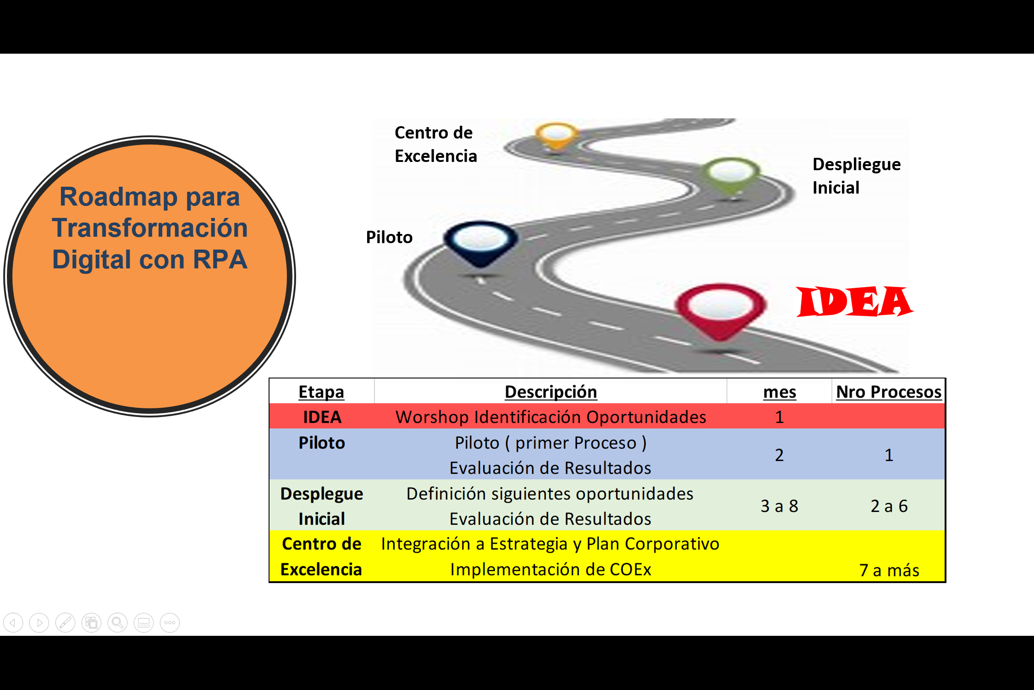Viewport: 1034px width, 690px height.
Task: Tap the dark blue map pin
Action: [480, 242]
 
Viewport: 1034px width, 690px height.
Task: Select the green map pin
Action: [731, 175]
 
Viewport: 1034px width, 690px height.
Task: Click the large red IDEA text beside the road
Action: [854, 302]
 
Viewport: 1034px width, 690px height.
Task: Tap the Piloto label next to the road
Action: [389, 237]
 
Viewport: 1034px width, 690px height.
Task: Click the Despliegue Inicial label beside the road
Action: [856, 176]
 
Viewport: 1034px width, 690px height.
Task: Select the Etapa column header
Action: [321, 392]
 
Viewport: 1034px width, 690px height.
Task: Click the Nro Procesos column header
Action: [888, 392]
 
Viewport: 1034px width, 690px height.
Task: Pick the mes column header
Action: [779, 392]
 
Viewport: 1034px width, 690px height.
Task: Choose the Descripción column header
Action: [550, 392]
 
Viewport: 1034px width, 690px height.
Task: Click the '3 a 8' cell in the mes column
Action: [779, 506]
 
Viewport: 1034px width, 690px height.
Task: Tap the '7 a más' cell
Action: [889, 570]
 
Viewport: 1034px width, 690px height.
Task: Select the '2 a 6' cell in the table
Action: [889, 506]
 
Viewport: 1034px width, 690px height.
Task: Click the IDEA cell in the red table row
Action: [322, 417]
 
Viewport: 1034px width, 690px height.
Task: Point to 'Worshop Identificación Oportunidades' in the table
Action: [550, 417]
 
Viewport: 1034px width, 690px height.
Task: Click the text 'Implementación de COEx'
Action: [550, 569]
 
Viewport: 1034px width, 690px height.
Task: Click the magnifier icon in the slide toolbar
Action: [117, 623]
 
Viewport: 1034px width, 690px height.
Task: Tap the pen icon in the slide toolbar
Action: [65, 623]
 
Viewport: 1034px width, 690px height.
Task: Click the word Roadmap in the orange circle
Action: [118, 197]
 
